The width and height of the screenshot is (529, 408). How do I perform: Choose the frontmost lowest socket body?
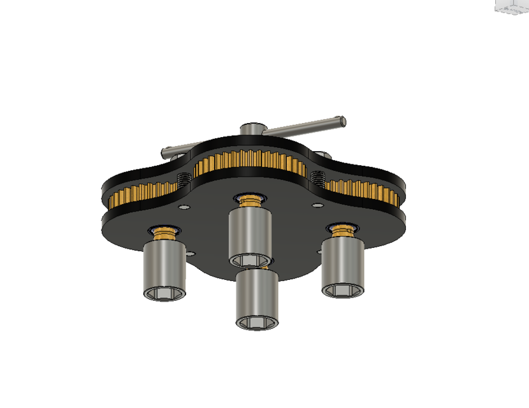(x=256, y=296)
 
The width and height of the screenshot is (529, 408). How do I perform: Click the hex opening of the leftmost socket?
(x=164, y=294)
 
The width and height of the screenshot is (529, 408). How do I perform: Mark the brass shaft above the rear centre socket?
(x=250, y=200)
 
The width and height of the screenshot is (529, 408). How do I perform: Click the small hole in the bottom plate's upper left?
(x=184, y=208)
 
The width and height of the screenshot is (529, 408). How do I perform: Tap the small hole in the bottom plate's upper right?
(x=316, y=205)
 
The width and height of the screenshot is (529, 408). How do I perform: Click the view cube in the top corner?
(x=512, y=6)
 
